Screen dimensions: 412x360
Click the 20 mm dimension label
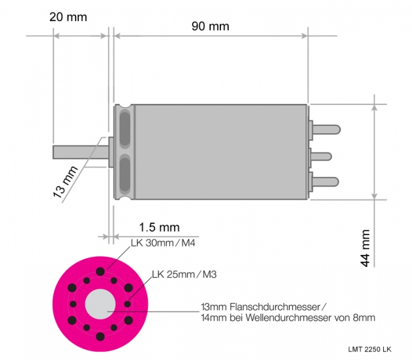tap(68, 17)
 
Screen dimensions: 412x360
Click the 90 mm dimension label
tap(210, 26)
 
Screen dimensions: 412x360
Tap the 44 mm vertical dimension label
tap(365, 248)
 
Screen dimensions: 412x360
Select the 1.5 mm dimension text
tap(159, 227)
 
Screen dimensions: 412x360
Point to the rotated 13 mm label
tap(65, 181)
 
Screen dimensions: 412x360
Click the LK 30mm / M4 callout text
tap(163, 243)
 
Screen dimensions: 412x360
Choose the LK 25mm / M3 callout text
tap(184, 274)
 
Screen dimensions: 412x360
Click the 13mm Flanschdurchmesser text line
tap(264, 307)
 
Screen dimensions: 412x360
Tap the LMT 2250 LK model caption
tap(370, 349)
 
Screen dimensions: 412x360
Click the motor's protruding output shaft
tap(80, 152)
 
